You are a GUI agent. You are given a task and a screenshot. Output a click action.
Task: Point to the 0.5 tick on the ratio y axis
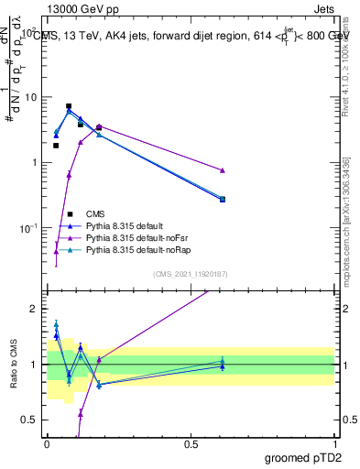(30, 420)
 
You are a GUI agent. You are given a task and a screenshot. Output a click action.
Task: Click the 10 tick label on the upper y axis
(30, 97)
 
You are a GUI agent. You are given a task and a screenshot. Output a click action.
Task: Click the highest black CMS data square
(69, 106)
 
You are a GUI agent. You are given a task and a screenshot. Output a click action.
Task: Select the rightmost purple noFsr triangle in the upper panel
(223, 170)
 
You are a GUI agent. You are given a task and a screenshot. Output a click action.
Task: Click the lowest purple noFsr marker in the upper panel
(56, 251)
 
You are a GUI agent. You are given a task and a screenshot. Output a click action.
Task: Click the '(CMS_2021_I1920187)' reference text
(191, 274)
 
